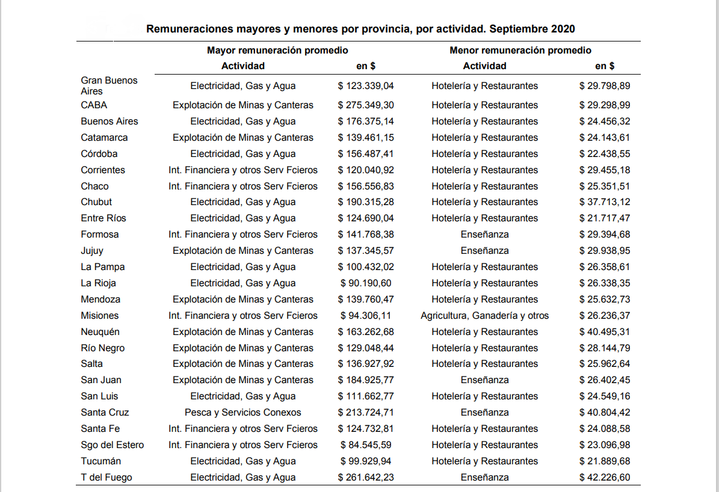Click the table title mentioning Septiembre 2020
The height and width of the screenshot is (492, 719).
(x=360, y=29)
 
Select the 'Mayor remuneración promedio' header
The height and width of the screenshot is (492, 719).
(x=277, y=51)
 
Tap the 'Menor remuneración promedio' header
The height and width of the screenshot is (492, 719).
(x=520, y=51)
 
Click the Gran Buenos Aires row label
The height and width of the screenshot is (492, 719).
(x=109, y=85)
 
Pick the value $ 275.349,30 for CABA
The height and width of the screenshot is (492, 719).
(x=366, y=105)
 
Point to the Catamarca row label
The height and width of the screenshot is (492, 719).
(x=104, y=138)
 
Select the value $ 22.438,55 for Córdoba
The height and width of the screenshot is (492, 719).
(x=605, y=154)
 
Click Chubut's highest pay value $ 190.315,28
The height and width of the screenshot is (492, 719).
(x=366, y=202)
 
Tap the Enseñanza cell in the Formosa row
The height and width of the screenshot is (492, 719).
(x=484, y=235)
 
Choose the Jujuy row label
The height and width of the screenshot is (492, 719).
(x=92, y=251)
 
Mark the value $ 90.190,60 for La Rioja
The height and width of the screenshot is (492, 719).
(x=366, y=283)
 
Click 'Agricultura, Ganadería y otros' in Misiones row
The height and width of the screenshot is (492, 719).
(x=484, y=316)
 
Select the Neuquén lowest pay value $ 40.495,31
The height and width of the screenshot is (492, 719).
(x=605, y=332)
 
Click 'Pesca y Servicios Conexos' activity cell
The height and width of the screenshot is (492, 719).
(x=242, y=413)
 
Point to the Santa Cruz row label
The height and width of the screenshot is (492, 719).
(x=105, y=413)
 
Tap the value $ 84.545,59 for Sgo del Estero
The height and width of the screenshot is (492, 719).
(x=366, y=445)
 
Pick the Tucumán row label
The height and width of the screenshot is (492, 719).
(x=101, y=461)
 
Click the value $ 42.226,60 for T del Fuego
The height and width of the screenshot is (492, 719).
(x=605, y=478)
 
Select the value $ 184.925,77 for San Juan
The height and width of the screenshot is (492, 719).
(x=366, y=380)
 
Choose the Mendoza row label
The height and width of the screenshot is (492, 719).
(x=100, y=300)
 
